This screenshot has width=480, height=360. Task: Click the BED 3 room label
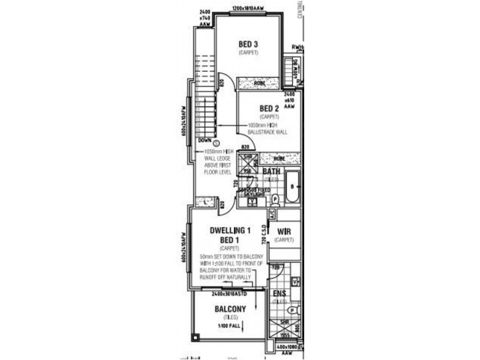tap(248, 44)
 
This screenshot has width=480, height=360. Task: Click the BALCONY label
tap(229, 310)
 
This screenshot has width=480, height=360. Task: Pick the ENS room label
tap(279, 293)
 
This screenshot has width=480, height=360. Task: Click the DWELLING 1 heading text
tap(229, 230)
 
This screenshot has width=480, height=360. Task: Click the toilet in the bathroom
tap(275, 199)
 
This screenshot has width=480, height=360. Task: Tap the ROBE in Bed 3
tap(259, 83)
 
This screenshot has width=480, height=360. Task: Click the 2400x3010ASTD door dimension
tap(229, 294)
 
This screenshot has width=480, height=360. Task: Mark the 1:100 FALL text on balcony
tap(229, 326)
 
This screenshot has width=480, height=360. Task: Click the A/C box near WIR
tap(271, 213)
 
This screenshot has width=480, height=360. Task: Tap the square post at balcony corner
tap(194, 337)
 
